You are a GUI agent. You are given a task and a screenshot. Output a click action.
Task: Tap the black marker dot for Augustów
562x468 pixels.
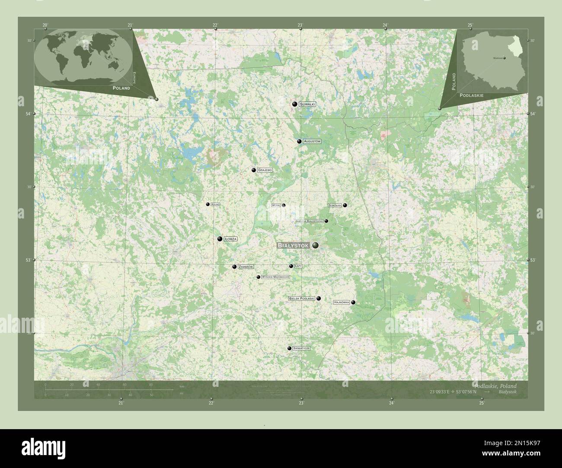click(x=299, y=141)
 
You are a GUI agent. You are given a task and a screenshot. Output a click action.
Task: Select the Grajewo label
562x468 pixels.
click(x=265, y=170)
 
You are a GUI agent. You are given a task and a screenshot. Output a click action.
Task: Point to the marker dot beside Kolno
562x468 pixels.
click(x=208, y=204)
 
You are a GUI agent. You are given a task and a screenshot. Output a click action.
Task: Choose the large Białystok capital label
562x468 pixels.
click(x=293, y=246)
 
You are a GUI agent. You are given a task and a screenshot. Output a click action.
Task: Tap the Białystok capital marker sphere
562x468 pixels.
click(x=316, y=245)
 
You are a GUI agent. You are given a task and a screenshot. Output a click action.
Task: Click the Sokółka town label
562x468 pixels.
click(x=335, y=205)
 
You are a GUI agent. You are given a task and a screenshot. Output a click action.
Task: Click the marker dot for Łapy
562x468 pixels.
click(x=291, y=266)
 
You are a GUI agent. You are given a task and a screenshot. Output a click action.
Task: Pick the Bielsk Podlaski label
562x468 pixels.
click(x=302, y=298)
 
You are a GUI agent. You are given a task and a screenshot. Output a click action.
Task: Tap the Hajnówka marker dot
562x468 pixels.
click(x=353, y=302)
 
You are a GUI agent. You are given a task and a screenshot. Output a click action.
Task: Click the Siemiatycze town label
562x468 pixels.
click(x=301, y=348)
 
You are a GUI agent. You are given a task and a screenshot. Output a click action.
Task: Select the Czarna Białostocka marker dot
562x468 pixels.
click(x=326, y=221)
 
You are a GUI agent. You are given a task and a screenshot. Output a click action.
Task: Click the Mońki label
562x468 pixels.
click(x=276, y=206)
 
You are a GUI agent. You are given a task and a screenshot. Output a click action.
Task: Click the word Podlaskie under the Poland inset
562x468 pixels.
click(x=472, y=95)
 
